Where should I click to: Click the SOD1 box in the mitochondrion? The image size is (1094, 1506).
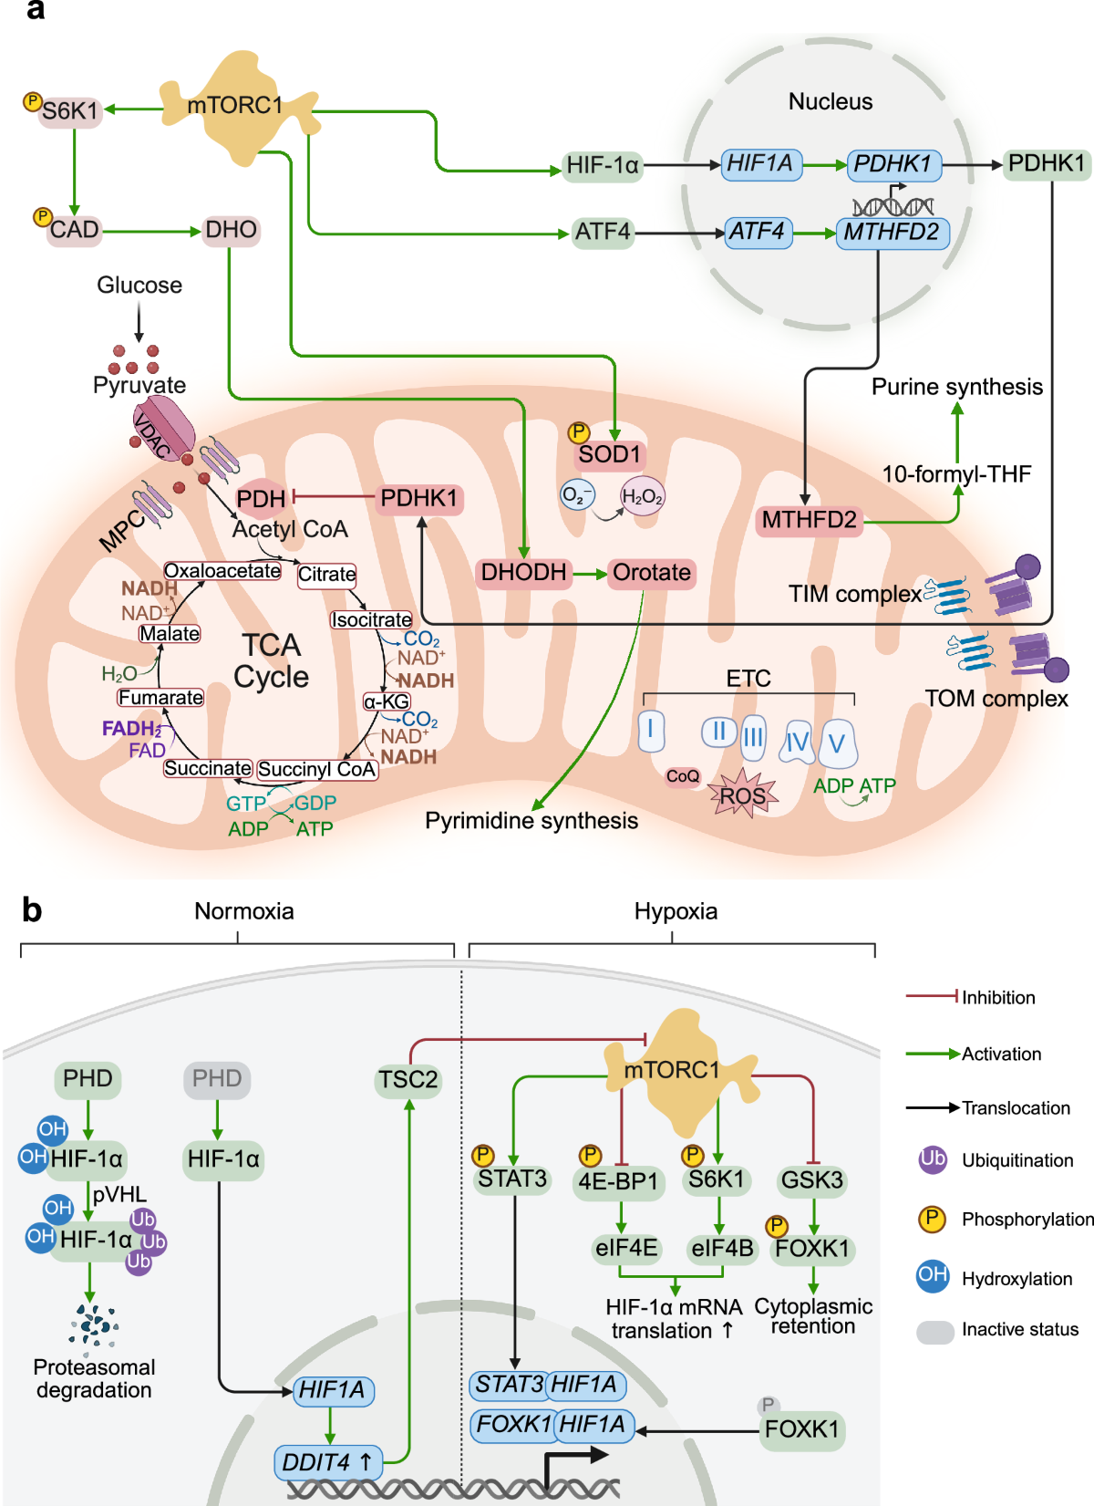click(610, 454)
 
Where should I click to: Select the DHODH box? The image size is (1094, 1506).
click(523, 573)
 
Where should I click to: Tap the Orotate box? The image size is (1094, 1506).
click(651, 573)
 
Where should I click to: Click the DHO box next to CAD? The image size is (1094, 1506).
click(232, 230)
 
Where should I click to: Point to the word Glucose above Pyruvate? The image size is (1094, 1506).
click(139, 286)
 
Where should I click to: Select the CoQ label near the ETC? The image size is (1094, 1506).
click(683, 776)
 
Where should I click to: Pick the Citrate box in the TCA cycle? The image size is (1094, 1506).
click(326, 575)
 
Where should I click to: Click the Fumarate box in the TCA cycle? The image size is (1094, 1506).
click(160, 698)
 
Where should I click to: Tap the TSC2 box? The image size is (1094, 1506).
click(408, 1080)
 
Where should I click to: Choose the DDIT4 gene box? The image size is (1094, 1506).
click(328, 1462)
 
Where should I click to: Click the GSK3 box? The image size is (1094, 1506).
click(811, 1180)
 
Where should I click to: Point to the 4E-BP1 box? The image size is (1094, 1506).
click(618, 1181)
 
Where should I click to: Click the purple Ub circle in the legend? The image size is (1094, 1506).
click(933, 1159)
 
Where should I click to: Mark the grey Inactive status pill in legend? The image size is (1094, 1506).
click(935, 1332)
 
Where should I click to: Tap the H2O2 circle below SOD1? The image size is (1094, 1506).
click(643, 496)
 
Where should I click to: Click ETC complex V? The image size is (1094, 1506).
click(837, 743)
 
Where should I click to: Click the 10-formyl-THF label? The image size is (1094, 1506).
click(956, 474)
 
